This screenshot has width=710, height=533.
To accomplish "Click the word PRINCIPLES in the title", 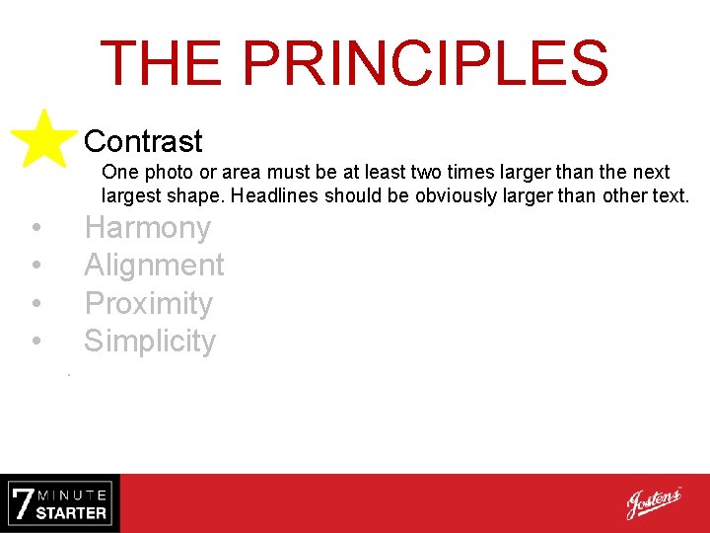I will [425, 62].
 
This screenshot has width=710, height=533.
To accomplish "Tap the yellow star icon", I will [43, 139].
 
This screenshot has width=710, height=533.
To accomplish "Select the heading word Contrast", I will [143, 141].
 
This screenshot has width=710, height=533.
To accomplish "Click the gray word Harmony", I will [147, 228].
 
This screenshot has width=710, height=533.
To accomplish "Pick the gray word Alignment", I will [154, 266].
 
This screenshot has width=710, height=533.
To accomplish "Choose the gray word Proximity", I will [148, 303].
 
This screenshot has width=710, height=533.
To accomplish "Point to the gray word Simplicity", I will [149, 341].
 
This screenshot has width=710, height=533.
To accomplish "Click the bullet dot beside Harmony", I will [35, 229].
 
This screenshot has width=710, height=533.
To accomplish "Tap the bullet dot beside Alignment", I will [35, 266].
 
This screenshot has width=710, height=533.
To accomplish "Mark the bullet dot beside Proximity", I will [35, 304].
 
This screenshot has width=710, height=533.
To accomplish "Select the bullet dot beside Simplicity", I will [35, 342].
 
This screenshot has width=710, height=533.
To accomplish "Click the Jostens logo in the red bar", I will [654, 503].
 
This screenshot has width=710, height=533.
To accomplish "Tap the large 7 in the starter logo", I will [23, 504].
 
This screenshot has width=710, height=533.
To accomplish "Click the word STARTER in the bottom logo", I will [71, 513].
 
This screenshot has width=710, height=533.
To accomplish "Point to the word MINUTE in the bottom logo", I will [73, 494].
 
